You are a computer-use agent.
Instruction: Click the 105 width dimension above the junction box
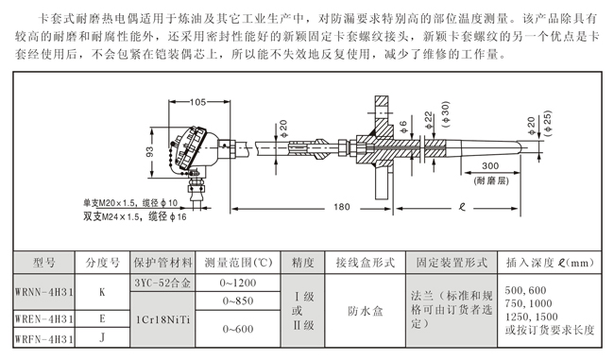pyautogui.click(x=197, y=102)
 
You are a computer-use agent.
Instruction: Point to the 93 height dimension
pyautogui.click(x=149, y=151)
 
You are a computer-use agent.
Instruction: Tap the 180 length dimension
pyautogui.click(x=341, y=207)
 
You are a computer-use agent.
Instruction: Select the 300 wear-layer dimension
pyautogui.click(x=490, y=166)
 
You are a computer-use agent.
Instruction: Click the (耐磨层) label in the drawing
pyautogui.click(x=491, y=180)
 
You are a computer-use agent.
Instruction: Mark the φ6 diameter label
pyautogui.click(x=403, y=127)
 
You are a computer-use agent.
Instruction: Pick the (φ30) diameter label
pyautogui.click(x=446, y=114)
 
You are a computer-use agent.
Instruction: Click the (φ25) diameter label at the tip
pyautogui.click(x=548, y=124)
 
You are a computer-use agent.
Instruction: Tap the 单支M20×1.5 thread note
pyautogui.click(x=130, y=203)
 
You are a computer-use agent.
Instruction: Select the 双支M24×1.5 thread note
pyautogui.click(x=135, y=216)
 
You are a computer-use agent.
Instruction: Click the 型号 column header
pyautogui.click(x=43, y=263)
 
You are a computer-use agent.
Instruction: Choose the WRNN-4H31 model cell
pyautogui.click(x=43, y=292)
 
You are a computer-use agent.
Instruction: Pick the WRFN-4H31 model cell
pyautogui.click(x=43, y=338)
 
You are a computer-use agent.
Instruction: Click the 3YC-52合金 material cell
pyautogui.click(x=162, y=283)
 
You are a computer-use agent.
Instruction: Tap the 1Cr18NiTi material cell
pyautogui.click(x=162, y=319)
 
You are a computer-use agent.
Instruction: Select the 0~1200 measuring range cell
pyautogui.click(x=238, y=283)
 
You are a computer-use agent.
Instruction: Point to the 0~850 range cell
pyautogui.click(x=238, y=300)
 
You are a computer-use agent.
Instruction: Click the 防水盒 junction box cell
pyautogui.click(x=365, y=311)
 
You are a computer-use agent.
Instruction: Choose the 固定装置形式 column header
pyautogui.click(x=452, y=263)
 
